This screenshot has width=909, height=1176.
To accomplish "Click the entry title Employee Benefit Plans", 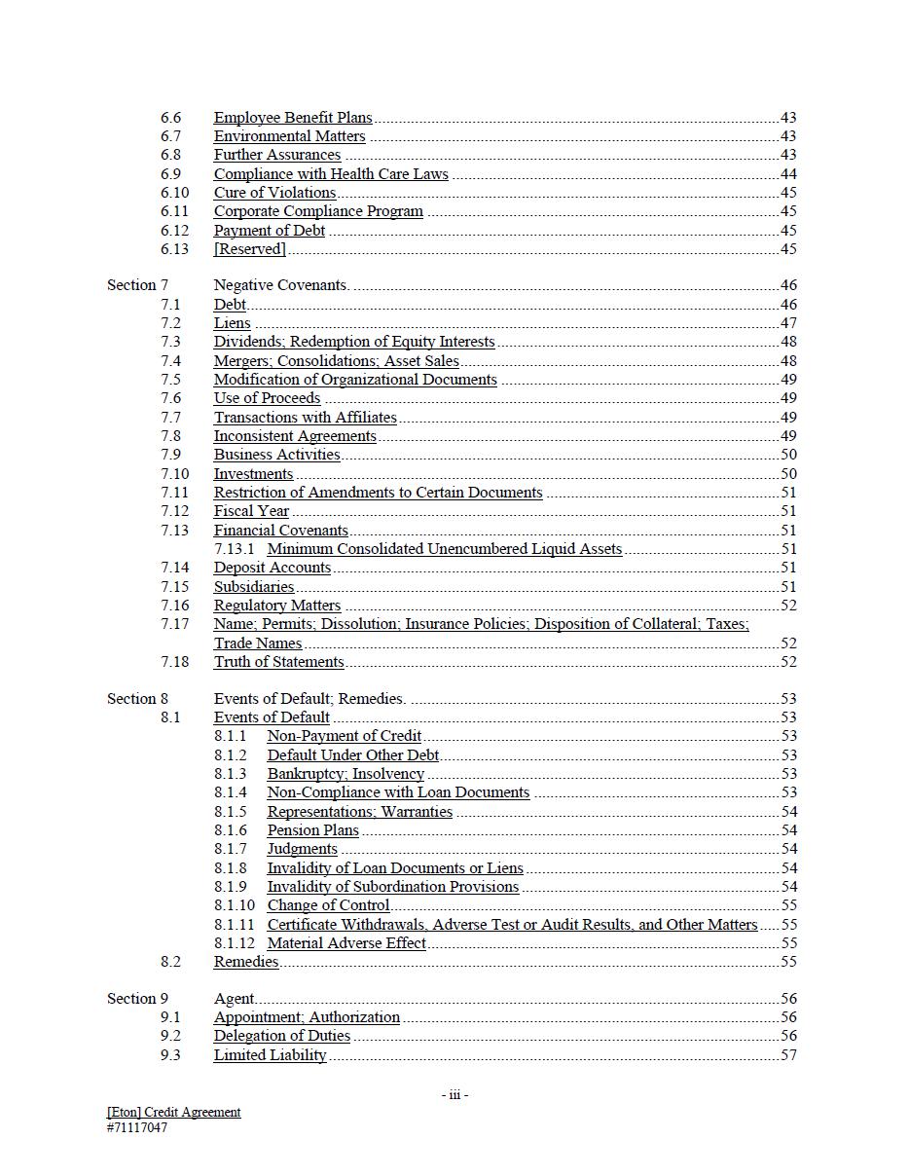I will tap(293, 118).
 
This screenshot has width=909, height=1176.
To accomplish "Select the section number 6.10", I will tap(174, 193).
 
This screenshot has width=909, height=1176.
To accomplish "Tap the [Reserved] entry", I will tap(250, 249).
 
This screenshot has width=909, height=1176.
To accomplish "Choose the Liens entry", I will tap(232, 323).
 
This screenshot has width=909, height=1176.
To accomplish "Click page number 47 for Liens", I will tap(788, 323).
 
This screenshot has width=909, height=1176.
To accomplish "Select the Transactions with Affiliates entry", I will tap(305, 418).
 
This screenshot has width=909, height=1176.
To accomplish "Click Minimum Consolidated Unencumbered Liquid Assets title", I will tap(444, 549).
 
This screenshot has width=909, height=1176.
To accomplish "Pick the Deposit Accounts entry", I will tap(273, 568).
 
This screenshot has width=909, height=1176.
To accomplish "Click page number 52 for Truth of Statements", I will tap(788, 662).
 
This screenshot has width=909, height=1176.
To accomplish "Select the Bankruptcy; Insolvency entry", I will tap(345, 774).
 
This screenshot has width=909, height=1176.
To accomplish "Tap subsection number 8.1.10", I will tap(235, 905).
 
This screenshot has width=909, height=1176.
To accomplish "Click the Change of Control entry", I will tap(328, 905).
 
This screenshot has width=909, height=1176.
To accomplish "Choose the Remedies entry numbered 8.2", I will tap(246, 962).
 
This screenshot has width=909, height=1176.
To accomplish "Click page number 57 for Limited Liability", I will tap(788, 1055).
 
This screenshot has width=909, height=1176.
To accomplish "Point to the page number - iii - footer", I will tap(454, 1095).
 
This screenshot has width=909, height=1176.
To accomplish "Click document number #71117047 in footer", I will tap(137, 1128).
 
